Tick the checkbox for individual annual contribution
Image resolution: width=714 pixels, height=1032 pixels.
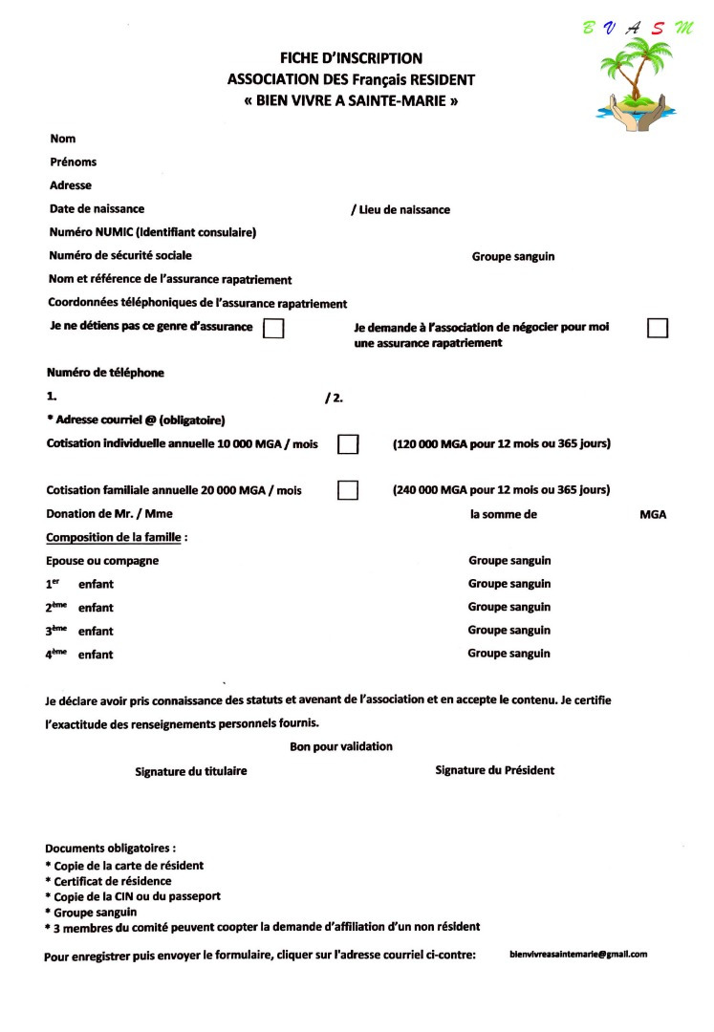pos(348,444)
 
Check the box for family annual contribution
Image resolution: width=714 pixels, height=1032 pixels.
pos(348,490)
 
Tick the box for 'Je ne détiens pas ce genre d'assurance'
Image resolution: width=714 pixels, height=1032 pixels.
pos(273,329)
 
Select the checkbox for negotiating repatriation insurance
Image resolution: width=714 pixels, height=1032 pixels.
pos(658,328)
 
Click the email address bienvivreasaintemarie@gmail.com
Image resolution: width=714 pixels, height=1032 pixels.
pos(578,955)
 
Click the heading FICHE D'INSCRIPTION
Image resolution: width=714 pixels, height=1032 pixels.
pos(351,59)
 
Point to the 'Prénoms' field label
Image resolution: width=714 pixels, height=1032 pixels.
pos(74,162)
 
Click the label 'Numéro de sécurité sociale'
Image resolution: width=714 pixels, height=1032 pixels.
pos(120,255)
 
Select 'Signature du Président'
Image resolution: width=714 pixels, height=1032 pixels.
pos(494,770)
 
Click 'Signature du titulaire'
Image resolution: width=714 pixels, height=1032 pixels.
pos(190,771)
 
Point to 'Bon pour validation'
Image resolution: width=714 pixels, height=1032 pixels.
pos(341,746)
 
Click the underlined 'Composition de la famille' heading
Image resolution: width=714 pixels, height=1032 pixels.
pos(114,537)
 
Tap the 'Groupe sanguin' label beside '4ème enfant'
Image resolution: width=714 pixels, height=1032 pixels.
pos(508,654)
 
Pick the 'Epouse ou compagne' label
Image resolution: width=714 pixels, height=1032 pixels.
pos(102,561)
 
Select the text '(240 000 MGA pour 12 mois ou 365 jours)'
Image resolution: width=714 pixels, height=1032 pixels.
pos(502,490)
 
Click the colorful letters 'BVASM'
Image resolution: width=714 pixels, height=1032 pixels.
pos(639,28)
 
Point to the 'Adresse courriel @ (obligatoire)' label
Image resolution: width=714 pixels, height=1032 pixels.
pos(139,420)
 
